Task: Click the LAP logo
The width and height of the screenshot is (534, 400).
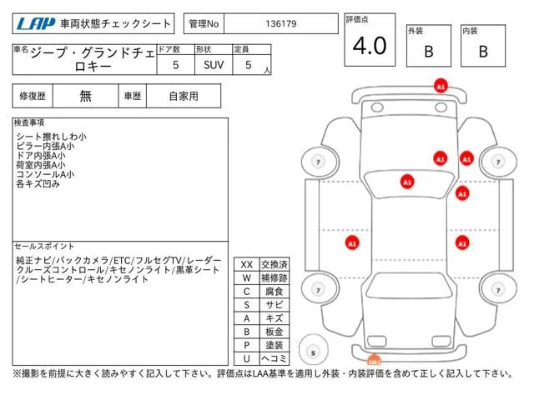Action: point(36,24)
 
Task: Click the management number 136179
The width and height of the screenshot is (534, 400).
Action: point(281,24)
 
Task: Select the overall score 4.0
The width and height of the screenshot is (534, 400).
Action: point(370,46)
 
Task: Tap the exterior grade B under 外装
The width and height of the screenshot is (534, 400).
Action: point(429,52)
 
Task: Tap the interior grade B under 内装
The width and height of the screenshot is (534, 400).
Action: point(483,52)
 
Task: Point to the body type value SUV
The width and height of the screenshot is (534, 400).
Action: point(214,65)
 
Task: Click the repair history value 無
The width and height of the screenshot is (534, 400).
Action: point(85,96)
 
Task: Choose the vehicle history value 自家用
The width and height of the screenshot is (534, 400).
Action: point(184,96)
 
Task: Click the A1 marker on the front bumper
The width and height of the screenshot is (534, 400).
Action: point(441,86)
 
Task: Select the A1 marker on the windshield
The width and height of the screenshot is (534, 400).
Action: point(407,182)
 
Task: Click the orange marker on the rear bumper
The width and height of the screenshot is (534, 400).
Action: point(374,359)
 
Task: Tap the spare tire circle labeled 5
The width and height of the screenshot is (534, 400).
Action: point(314,350)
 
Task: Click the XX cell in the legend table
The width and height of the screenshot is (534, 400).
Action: point(247,265)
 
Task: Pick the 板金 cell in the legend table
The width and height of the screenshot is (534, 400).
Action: point(275,332)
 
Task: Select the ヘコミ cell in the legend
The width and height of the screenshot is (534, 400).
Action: point(275,358)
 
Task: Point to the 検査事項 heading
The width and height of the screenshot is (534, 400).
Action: point(29,122)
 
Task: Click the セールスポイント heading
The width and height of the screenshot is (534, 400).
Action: point(44,246)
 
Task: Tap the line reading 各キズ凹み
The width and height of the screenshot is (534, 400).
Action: point(38,184)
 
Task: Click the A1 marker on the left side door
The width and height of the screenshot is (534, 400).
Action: point(352,243)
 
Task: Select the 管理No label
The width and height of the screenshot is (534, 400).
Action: point(204,24)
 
